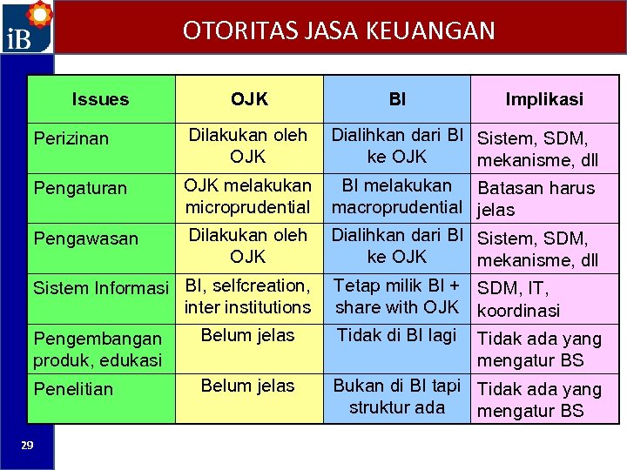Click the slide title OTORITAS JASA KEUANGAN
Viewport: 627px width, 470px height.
[339, 31]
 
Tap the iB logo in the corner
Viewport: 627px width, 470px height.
[26, 28]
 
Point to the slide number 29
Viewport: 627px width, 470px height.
[27, 446]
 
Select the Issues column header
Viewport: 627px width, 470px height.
[100, 99]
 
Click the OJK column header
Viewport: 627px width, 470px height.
[249, 99]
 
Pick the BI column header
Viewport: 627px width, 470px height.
[397, 99]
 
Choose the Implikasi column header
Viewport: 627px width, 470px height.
[544, 99]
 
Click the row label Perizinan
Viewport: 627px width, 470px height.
[71, 138]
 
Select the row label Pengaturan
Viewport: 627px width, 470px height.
[79, 188]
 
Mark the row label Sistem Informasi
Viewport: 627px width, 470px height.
[100, 287]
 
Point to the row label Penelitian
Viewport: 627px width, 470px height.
[73, 389]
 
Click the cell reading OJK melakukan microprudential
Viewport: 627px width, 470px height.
[248, 197]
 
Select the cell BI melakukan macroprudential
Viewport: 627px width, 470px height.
[397, 197]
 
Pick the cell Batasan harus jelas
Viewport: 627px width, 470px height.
[536, 198]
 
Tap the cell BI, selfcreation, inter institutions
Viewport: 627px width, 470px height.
[248, 296]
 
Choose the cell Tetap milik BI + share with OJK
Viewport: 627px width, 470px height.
[397, 296]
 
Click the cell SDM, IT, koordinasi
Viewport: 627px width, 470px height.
[519, 299]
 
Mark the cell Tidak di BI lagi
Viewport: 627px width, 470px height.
[397, 335]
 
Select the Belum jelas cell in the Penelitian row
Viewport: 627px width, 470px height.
[248, 386]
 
